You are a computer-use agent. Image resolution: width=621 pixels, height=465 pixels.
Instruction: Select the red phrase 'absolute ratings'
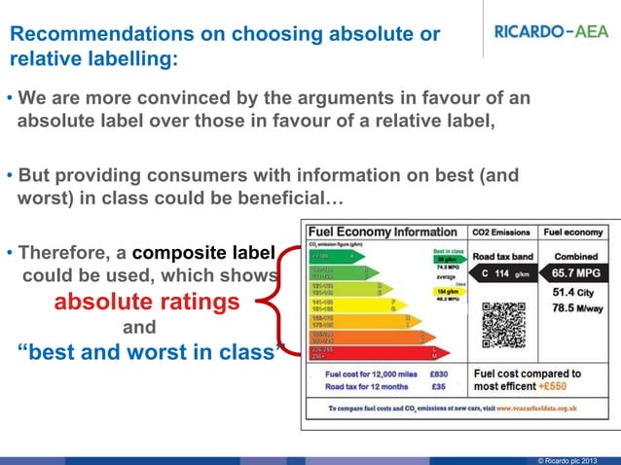click(x=146, y=302)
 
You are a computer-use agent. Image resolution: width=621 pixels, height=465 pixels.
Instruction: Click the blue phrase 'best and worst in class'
click(x=146, y=352)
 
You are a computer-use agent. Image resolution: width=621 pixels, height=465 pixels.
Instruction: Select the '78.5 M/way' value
click(x=578, y=309)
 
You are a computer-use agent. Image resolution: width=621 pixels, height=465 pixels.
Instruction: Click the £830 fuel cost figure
click(x=438, y=373)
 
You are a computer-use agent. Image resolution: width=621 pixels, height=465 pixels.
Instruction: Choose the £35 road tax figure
click(x=438, y=386)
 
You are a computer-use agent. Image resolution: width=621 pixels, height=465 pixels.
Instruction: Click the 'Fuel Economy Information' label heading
click(x=384, y=232)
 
